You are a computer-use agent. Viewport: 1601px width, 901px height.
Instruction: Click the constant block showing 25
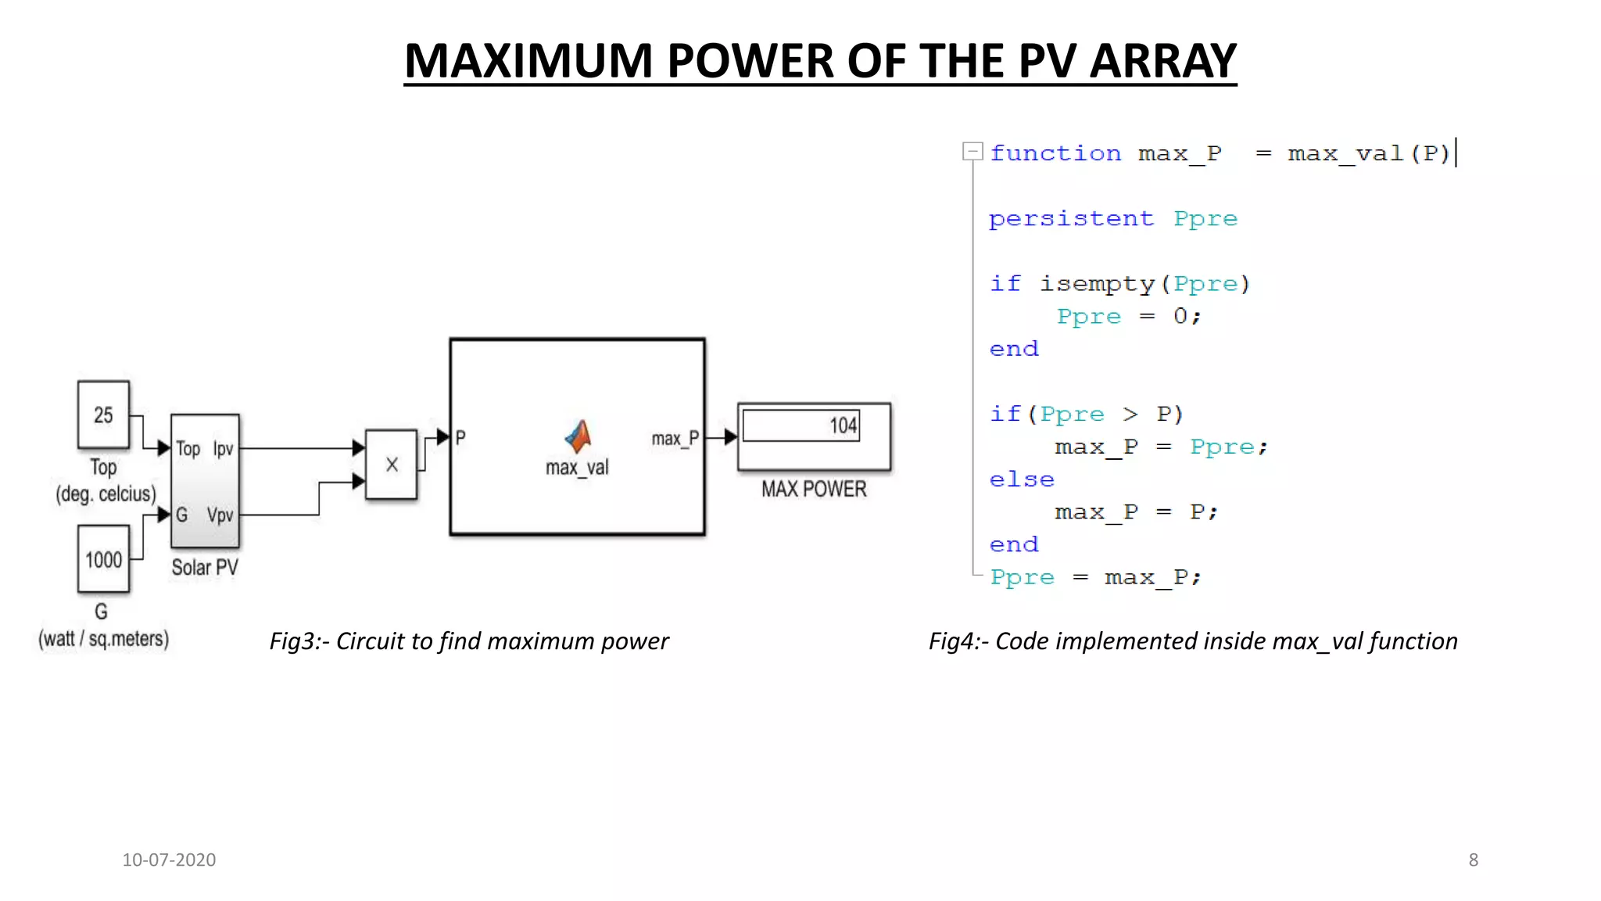click(x=103, y=415)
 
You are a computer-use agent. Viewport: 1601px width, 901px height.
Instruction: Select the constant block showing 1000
click(x=103, y=559)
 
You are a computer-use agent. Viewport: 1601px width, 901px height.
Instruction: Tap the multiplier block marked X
click(x=392, y=465)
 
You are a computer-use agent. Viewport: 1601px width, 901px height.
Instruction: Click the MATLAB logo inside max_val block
click(x=578, y=436)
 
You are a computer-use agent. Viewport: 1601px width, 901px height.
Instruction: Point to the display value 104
click(x=843, y=425)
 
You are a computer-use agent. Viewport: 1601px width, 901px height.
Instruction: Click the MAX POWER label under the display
click(x=814, y=489)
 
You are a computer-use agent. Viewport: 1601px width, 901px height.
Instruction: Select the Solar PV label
click(x=205, y=567)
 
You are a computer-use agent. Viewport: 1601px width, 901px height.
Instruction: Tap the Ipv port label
click(x=223, y=449)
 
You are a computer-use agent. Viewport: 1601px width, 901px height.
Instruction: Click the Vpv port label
click(x=220, y=515)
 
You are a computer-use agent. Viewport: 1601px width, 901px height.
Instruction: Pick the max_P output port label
click(x=675, y=439)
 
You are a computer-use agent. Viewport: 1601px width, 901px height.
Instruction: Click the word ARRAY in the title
click(x=1162, y=61)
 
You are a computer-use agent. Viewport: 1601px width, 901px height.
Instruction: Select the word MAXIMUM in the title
click(x=528, y=61)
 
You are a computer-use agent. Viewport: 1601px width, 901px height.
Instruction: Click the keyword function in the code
click(x=1055, y=153)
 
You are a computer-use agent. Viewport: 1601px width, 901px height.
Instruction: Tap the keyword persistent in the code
click(x=1071, y=218)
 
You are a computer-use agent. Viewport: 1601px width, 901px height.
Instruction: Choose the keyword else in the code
click(x=1022, y=479)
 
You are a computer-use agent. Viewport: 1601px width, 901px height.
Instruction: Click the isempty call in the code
click(x=1097, y=284)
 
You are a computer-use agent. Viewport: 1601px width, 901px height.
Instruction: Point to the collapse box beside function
click(x=972, y=151)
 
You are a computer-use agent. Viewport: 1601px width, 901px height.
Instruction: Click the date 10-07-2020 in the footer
click(x=169, y=860)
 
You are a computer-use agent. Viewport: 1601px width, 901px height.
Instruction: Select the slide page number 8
click(x=1474, y=860)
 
